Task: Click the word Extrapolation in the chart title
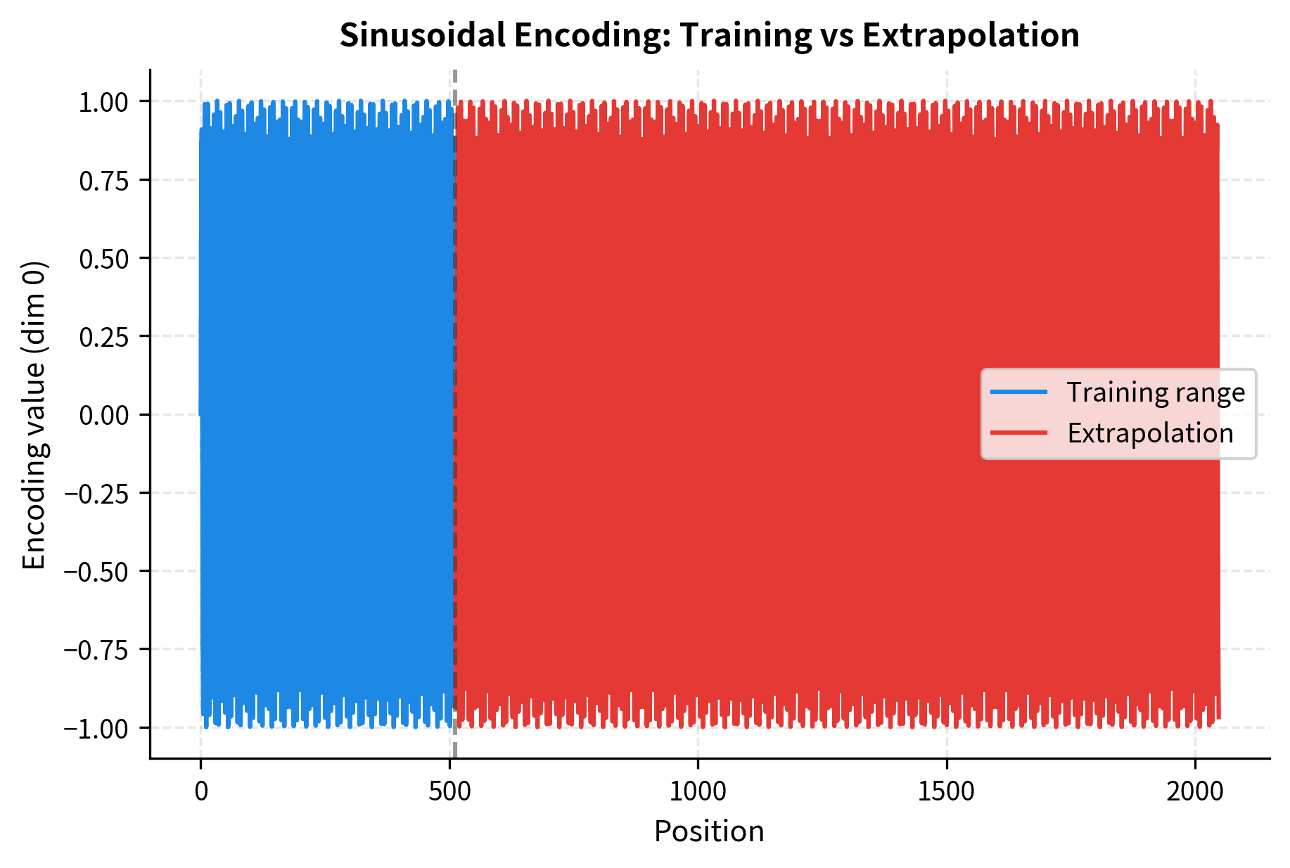(971, 35)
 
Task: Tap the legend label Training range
(1156, 392)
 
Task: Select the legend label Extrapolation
(1150, 433)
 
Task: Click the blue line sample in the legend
(1018, 392)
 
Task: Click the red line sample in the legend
(1018, 433)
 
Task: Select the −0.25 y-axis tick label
(97, 494)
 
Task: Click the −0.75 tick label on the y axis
(97, 650)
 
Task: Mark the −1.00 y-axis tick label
(97, 729)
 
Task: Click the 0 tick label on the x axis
(201, 792)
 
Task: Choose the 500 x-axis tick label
(449, 792)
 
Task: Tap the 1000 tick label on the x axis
(698, 792)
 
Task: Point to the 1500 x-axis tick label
(946, 792)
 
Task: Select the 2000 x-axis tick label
(1195, 792)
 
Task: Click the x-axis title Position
(709, 832)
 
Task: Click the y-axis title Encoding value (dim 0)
(34, 415)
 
